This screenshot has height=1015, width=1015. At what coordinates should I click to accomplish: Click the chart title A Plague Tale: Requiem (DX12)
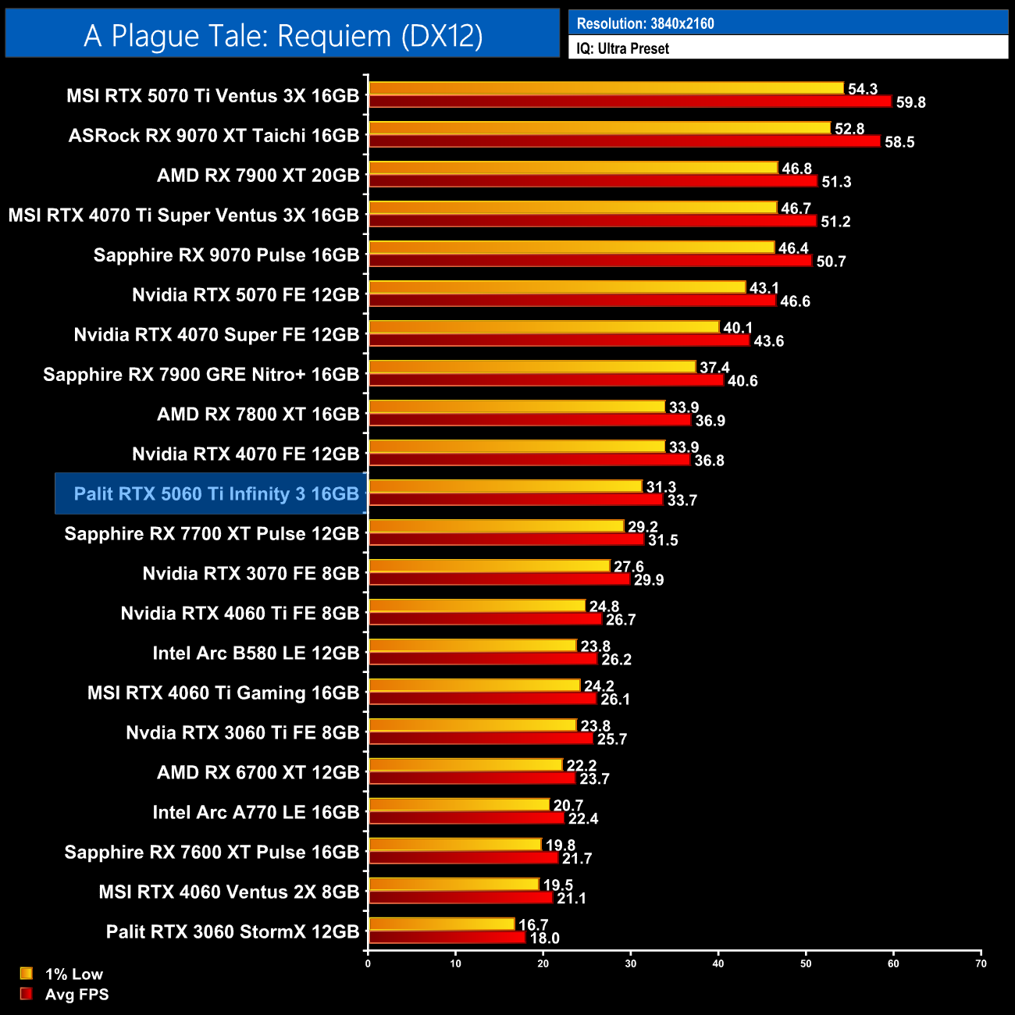283,36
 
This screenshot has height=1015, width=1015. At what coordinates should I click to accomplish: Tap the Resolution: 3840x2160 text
645,23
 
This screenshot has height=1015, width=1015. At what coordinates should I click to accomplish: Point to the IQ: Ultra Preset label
622,48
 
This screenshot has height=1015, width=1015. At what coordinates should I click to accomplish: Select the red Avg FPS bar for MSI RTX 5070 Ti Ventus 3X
629,101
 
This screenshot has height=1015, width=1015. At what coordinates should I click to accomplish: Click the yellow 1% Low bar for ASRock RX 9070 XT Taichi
600,128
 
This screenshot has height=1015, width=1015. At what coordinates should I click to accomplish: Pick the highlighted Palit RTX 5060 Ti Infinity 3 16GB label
216,494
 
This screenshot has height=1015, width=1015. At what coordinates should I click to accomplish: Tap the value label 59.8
910,102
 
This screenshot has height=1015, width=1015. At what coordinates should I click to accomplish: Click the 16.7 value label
533,925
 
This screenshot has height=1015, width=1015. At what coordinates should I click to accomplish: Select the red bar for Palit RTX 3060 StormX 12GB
447,938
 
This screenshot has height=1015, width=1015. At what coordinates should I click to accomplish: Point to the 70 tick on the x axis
981,963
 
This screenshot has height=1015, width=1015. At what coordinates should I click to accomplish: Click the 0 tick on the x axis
368,963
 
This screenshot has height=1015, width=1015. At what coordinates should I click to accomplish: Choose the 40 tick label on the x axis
718,963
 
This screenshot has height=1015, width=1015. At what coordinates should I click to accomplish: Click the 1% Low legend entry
73,974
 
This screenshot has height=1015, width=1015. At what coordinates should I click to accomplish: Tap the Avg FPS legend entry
77,995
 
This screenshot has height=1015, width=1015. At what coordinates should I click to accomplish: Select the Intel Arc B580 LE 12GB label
255,654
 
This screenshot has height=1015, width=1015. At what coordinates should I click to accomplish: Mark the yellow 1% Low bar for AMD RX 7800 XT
517,407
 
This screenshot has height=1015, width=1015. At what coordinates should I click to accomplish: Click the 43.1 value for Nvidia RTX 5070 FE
764,288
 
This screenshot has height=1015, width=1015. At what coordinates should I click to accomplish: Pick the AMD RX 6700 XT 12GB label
258,773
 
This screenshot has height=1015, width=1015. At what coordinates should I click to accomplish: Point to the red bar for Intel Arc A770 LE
466,818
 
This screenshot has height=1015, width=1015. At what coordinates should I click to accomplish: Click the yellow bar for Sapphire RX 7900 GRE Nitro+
532,367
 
